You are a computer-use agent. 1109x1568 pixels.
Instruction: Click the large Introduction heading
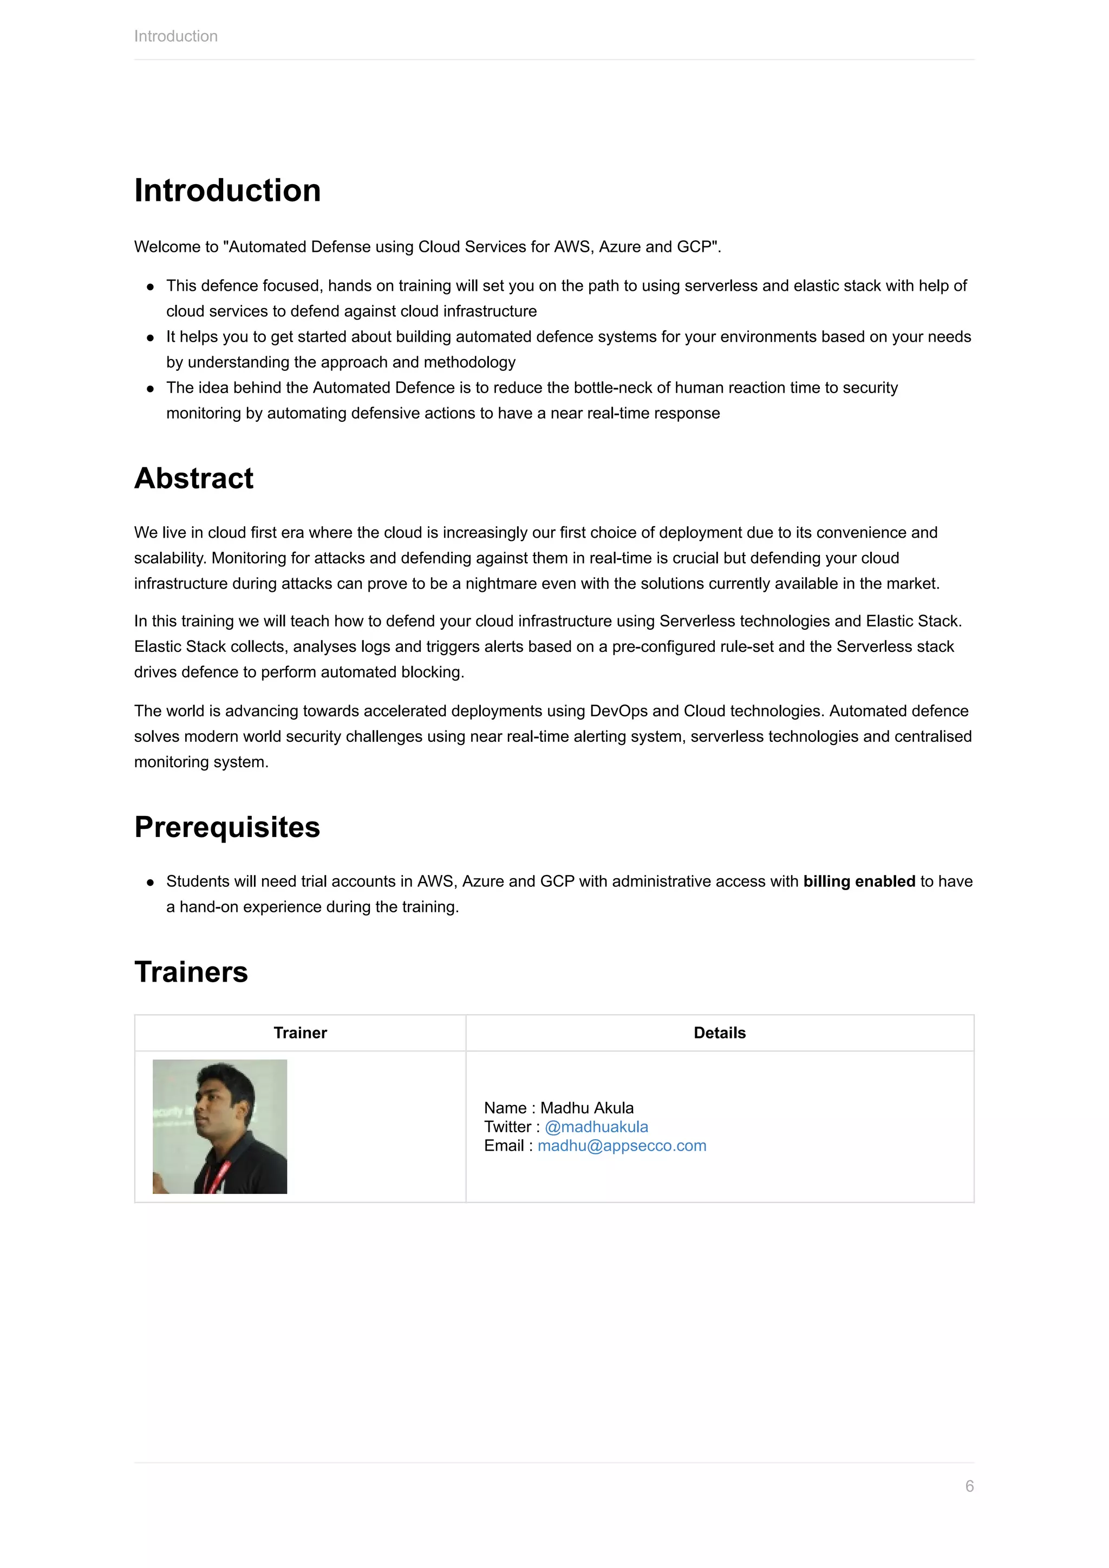(227, 190)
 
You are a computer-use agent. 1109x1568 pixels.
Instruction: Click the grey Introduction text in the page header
(175, 36)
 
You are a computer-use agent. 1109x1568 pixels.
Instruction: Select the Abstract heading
(193, 478)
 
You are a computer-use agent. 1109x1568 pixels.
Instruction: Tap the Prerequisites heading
(227, 827)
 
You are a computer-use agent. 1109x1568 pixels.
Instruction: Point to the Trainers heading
(191, 972)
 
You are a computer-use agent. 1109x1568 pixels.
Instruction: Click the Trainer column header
(300, 1033)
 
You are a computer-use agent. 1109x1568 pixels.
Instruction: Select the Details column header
(719, 1033)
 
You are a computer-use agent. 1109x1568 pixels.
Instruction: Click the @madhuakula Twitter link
(596, 1127)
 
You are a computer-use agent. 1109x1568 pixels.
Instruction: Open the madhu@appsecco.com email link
(622, 1146)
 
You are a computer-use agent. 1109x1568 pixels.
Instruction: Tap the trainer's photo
(219, 1127)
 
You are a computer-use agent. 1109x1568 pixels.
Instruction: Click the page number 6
(969, 1486)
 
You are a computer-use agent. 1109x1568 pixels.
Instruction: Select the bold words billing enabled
(858, 881)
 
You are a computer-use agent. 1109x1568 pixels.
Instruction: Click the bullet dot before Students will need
(150, 883)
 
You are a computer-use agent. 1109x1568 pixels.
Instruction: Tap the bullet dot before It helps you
(150, 338)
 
